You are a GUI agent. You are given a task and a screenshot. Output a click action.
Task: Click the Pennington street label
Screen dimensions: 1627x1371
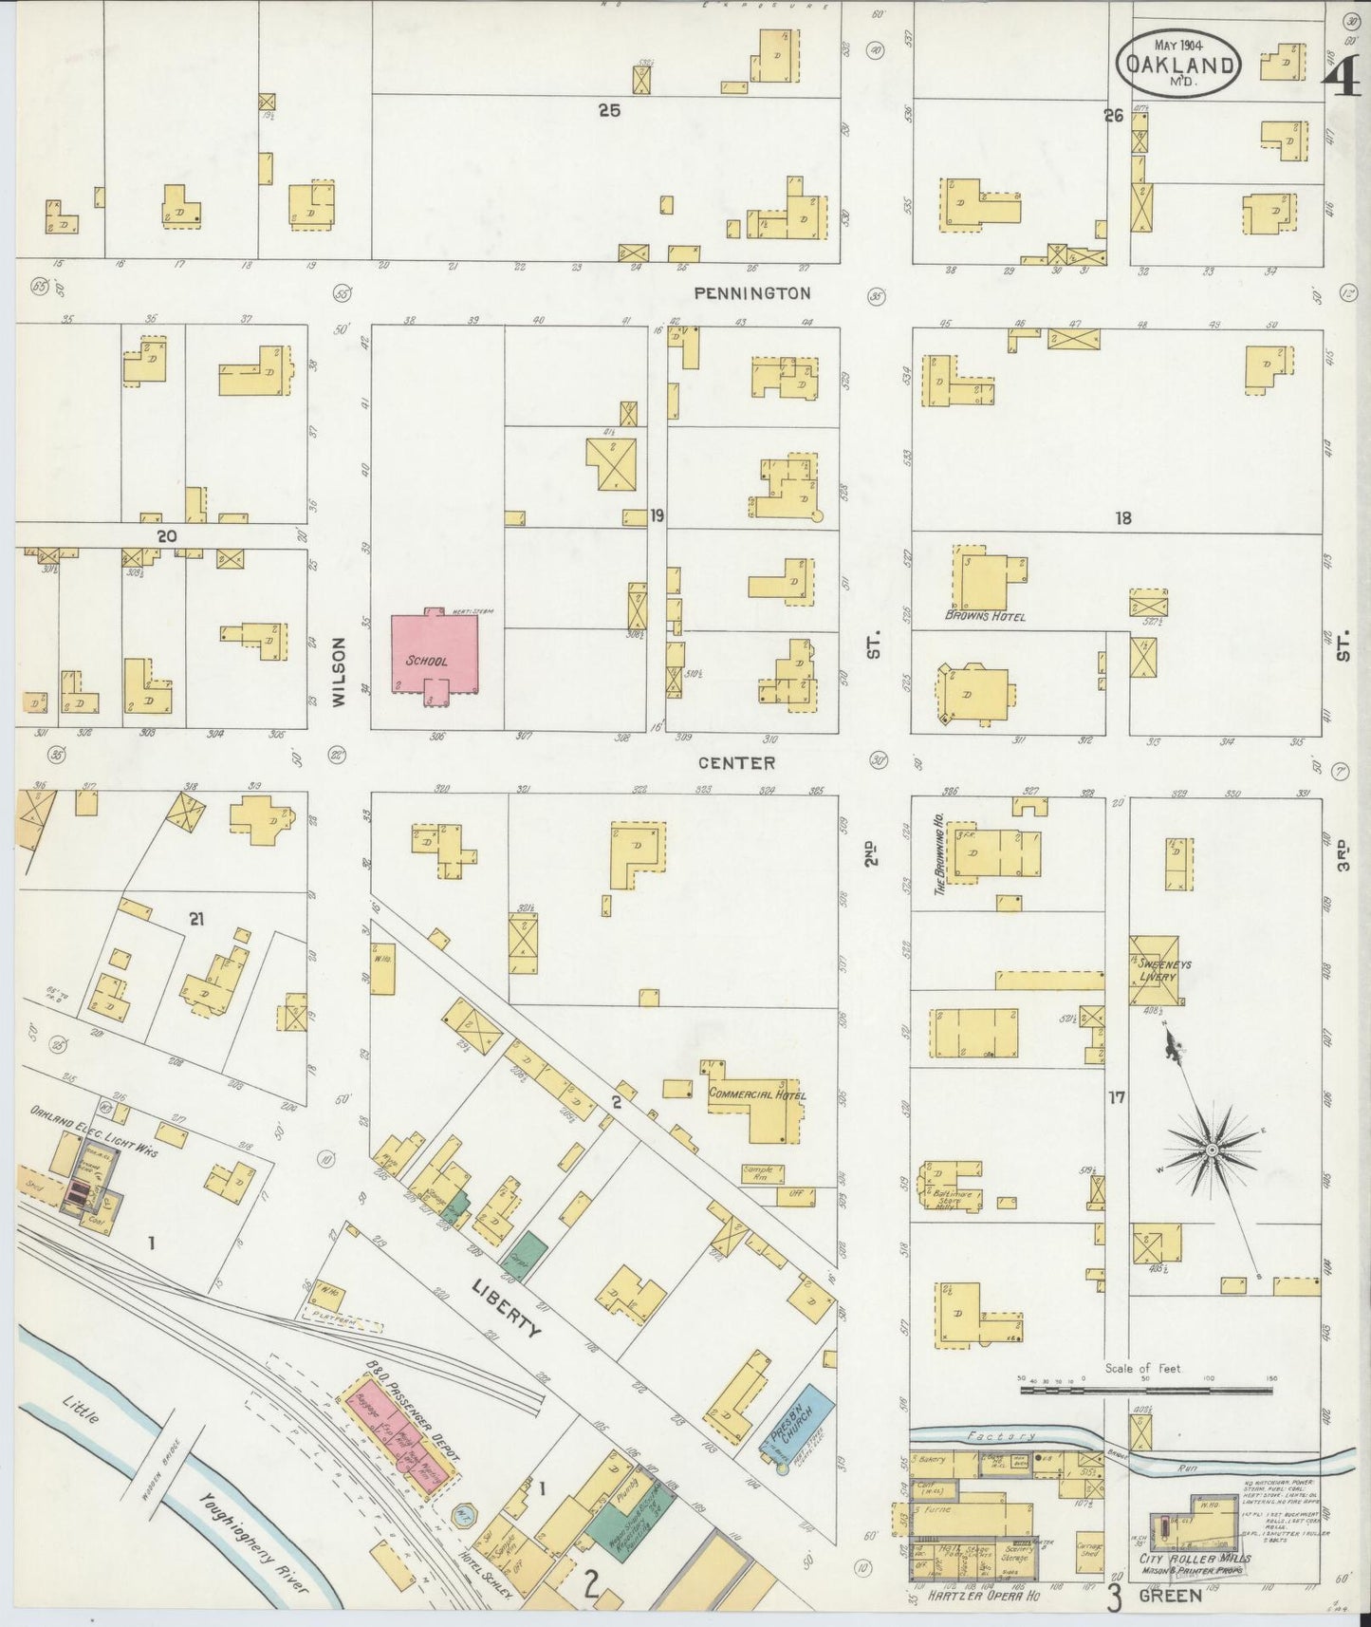(752, 293)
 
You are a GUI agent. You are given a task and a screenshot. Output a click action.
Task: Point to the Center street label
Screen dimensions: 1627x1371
(736, 762)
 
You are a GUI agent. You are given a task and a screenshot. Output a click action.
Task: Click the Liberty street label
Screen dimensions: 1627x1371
(507, 1304)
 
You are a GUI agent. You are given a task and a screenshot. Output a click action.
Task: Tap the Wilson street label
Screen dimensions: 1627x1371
(339, 671)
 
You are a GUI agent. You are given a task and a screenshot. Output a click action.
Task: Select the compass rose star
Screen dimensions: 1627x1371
(1212, 1150)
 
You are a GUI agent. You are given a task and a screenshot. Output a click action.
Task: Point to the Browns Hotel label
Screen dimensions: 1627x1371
(985, 616)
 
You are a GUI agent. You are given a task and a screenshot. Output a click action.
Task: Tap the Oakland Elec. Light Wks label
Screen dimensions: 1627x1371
(93, 1131)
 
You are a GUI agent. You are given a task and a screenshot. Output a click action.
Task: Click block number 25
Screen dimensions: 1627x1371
(608, 110)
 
